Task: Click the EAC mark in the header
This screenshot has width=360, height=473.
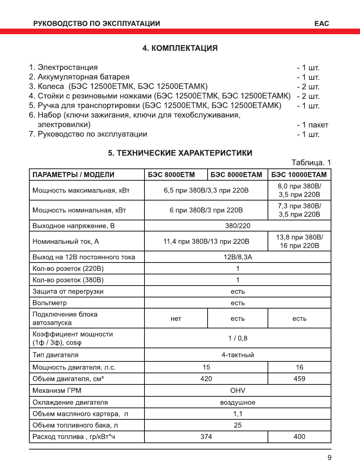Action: click(321, 23)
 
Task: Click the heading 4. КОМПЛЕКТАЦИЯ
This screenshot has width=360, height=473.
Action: click(180, 48)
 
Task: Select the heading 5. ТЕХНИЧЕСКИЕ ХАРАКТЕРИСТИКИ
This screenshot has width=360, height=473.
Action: click(180, 153)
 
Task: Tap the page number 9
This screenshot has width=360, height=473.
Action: click(329, 458)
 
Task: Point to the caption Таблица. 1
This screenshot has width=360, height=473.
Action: click(311, 163)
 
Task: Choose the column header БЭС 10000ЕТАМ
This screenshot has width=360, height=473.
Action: click(299, 175)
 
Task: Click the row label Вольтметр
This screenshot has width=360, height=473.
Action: click(50, 303)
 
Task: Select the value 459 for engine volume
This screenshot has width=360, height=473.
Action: click(299, 378)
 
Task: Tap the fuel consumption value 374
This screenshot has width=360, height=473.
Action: click(206, 436)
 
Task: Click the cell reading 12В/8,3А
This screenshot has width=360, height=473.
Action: click(237, 257)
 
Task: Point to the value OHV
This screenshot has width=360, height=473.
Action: click(237, 390)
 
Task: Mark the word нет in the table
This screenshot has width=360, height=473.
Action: click(175, 319)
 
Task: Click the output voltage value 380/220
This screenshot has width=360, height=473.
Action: click(237, 226)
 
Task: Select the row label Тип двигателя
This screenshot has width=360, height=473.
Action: click(55, 355)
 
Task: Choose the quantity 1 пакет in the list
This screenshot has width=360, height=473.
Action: click(312, 125)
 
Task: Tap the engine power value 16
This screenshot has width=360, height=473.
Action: click(299, 367)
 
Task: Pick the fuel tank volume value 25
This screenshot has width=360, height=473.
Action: click(237, 425)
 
